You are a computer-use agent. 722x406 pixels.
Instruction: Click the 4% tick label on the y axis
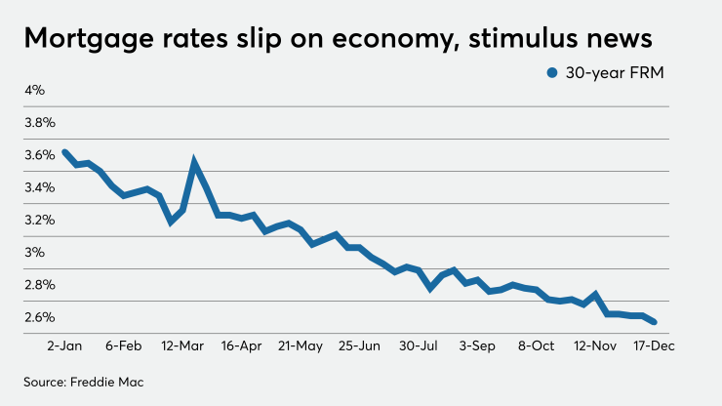[35, 91]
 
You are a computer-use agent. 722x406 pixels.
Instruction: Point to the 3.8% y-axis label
[40, 123]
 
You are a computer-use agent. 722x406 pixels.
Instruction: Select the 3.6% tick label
[40, 155]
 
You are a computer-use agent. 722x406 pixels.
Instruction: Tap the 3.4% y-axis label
[40, 187]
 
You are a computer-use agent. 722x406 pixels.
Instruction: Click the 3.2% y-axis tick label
[40, 220]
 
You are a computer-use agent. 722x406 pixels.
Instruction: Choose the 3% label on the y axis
[35, 253]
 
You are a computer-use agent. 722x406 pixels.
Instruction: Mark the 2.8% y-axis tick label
[40, 285]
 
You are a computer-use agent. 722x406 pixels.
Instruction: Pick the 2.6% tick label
[40, 317]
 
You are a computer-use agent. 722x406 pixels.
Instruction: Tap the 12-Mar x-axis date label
[182, 345]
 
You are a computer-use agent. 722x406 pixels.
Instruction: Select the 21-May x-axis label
[300, 345]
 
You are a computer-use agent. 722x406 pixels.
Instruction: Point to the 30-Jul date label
[419, 345]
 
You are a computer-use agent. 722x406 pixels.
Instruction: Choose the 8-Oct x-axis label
[536, 345]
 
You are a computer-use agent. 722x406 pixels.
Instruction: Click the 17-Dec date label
[654, 345]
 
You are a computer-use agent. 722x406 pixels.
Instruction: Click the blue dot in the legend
[552, 72]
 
